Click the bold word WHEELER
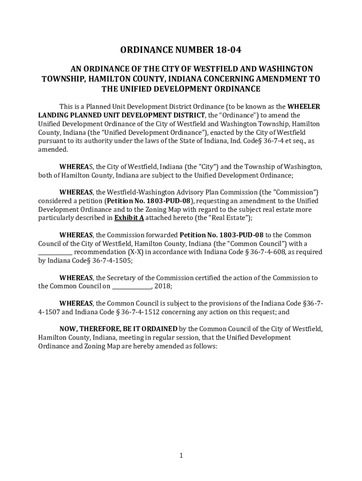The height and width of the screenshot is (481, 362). [x=304, y=107]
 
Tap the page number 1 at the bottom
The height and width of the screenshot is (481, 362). [x=181, y=456]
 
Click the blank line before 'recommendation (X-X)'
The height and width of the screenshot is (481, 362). [x=55, y=252]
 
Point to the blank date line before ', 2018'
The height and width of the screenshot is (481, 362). [x=132, y=286]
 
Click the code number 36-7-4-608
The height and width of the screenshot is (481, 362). [x=271, y=252]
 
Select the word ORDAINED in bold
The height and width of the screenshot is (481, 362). [x=158, y=329]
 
